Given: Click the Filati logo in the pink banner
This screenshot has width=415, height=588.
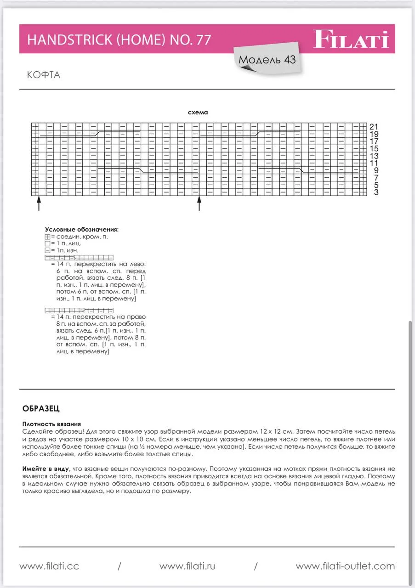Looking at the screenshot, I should (x=351, y=39).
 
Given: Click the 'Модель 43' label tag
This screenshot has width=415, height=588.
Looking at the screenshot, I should (x=267, y=60).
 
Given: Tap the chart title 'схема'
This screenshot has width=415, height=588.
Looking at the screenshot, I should (x=198, y=113).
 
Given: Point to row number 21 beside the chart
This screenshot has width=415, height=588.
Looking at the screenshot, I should (x=374, y=126).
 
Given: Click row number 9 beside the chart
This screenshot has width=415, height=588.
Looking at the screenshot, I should (x=376, y=170).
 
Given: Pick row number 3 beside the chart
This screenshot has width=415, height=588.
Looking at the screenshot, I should (x=376, y=192).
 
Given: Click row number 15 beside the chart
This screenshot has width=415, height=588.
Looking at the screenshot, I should (x=374, y=148).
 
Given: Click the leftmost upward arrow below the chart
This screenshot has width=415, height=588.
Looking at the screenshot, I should (x=39, y=204).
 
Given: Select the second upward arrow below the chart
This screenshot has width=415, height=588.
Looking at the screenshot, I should (x=199, y=204).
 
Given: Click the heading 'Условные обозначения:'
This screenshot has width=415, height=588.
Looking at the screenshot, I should (x=82, y=229).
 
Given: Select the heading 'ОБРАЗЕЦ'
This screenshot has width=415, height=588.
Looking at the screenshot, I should (x=41, y=408).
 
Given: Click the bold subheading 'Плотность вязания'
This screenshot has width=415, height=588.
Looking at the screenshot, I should (x=51, y=424).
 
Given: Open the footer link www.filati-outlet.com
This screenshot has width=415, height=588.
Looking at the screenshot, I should (x=345, y=566).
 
